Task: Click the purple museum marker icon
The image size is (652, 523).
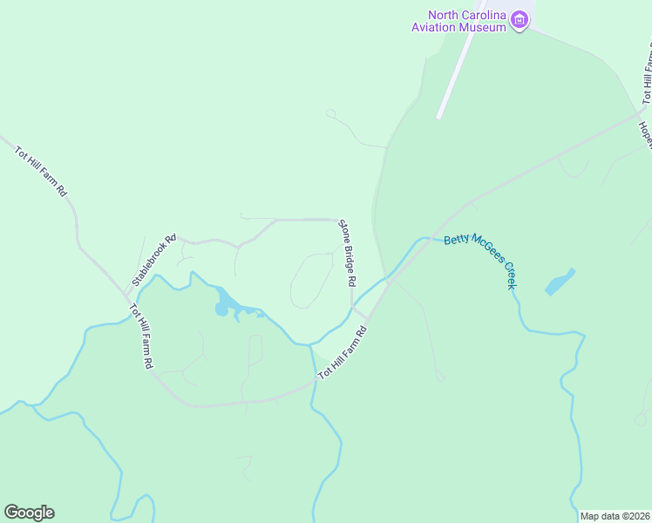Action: coord(520,20)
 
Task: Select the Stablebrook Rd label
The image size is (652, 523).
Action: coord(154,260)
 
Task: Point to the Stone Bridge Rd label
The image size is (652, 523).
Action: coord(347,253)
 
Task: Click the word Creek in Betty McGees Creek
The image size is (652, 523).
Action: coord(505,274)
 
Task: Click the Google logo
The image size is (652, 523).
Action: coord(29,513)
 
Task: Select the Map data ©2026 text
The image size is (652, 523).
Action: coord(614,516)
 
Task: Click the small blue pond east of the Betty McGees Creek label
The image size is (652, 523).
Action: coord(560,282)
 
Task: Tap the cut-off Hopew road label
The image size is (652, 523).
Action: coord(646,134)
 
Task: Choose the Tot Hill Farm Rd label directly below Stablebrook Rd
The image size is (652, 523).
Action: coord(142,336)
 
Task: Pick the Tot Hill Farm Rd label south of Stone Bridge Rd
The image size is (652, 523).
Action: coord(345,352)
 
